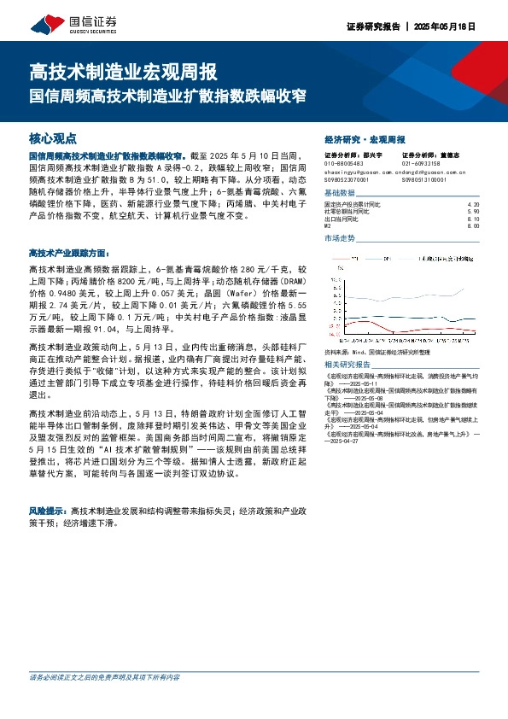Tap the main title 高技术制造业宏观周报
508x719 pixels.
click(x=123, y=70)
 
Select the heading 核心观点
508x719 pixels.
click(x=53, y=137)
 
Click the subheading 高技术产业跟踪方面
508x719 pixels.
click(x=69, y=253)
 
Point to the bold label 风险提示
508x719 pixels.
click(x=49, y=507)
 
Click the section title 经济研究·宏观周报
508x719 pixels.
click(x=365, y=138)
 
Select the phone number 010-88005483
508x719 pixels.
click(x=345, y=162)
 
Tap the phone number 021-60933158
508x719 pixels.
click(x=421, y=162)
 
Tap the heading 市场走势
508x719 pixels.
click(x=340, y=238)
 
